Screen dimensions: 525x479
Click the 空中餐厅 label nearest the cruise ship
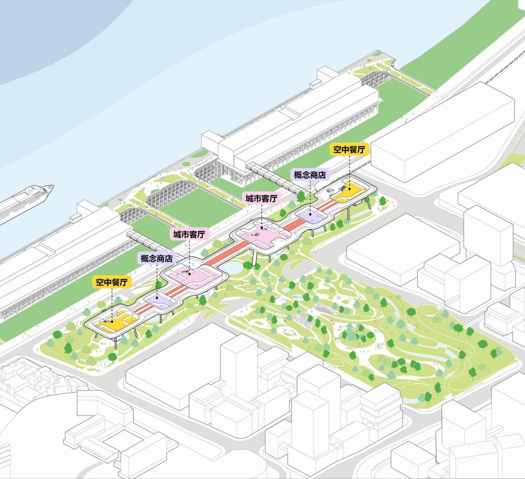(x=112, y=282)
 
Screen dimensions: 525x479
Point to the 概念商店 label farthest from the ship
(x=310, y=174)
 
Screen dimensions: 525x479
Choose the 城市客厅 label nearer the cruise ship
(x=189, y=235)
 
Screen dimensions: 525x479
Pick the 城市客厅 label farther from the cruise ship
(x=261, y=198)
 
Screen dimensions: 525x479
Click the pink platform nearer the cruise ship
(x=193, y=274)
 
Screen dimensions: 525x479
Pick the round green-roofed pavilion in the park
(x=428, y=312)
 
